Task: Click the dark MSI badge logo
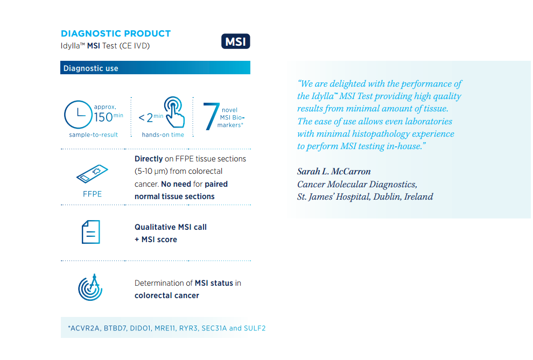pos(236,41)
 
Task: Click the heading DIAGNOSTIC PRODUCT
pos(116,33)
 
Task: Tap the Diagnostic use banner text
pos(91,68)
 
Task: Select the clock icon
pos(78,115)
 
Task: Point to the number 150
pos(103,117)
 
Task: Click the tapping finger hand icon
pos(174,112)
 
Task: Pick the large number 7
pos(211,116)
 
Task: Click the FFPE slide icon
pos(92,174)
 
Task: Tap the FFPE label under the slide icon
pos(92,194)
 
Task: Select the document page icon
pos(91,232)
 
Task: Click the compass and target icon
pos(90,287)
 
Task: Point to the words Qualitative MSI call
pos(171,227)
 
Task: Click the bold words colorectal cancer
pos(167,295)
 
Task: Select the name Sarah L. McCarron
pos(334,172)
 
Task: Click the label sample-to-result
pos(94,135)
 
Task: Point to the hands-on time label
pos(163,135)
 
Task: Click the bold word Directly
pos(149,159)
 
